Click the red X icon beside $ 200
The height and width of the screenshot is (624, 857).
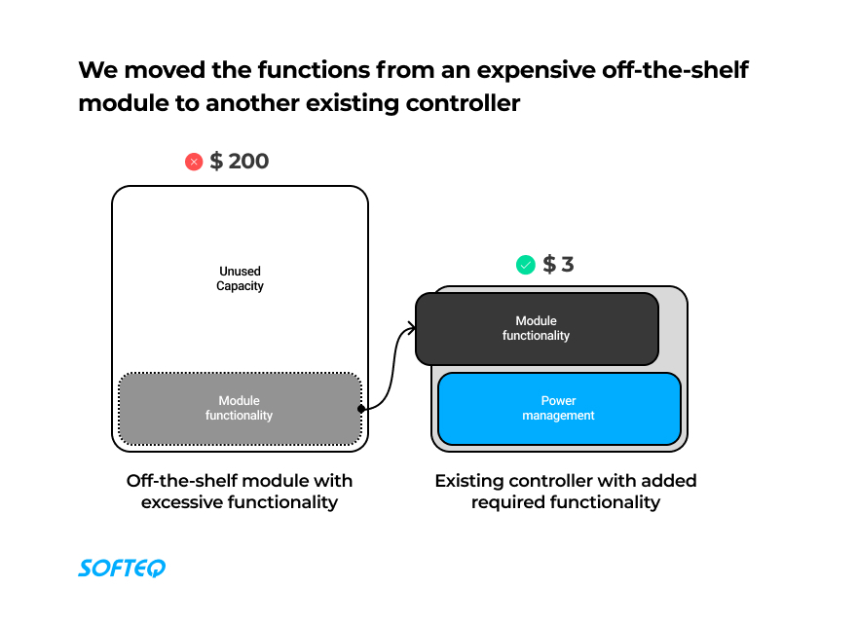[194, 162]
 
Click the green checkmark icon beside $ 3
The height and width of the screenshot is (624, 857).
[526, 265]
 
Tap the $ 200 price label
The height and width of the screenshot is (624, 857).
[240, 161]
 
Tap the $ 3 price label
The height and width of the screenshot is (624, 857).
[558, 264]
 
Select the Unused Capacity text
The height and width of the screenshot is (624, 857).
[240, 278]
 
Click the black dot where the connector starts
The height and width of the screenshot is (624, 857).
[361, 409]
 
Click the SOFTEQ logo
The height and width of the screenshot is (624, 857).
[122, 568]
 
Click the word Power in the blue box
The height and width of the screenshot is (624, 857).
[559, 401]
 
